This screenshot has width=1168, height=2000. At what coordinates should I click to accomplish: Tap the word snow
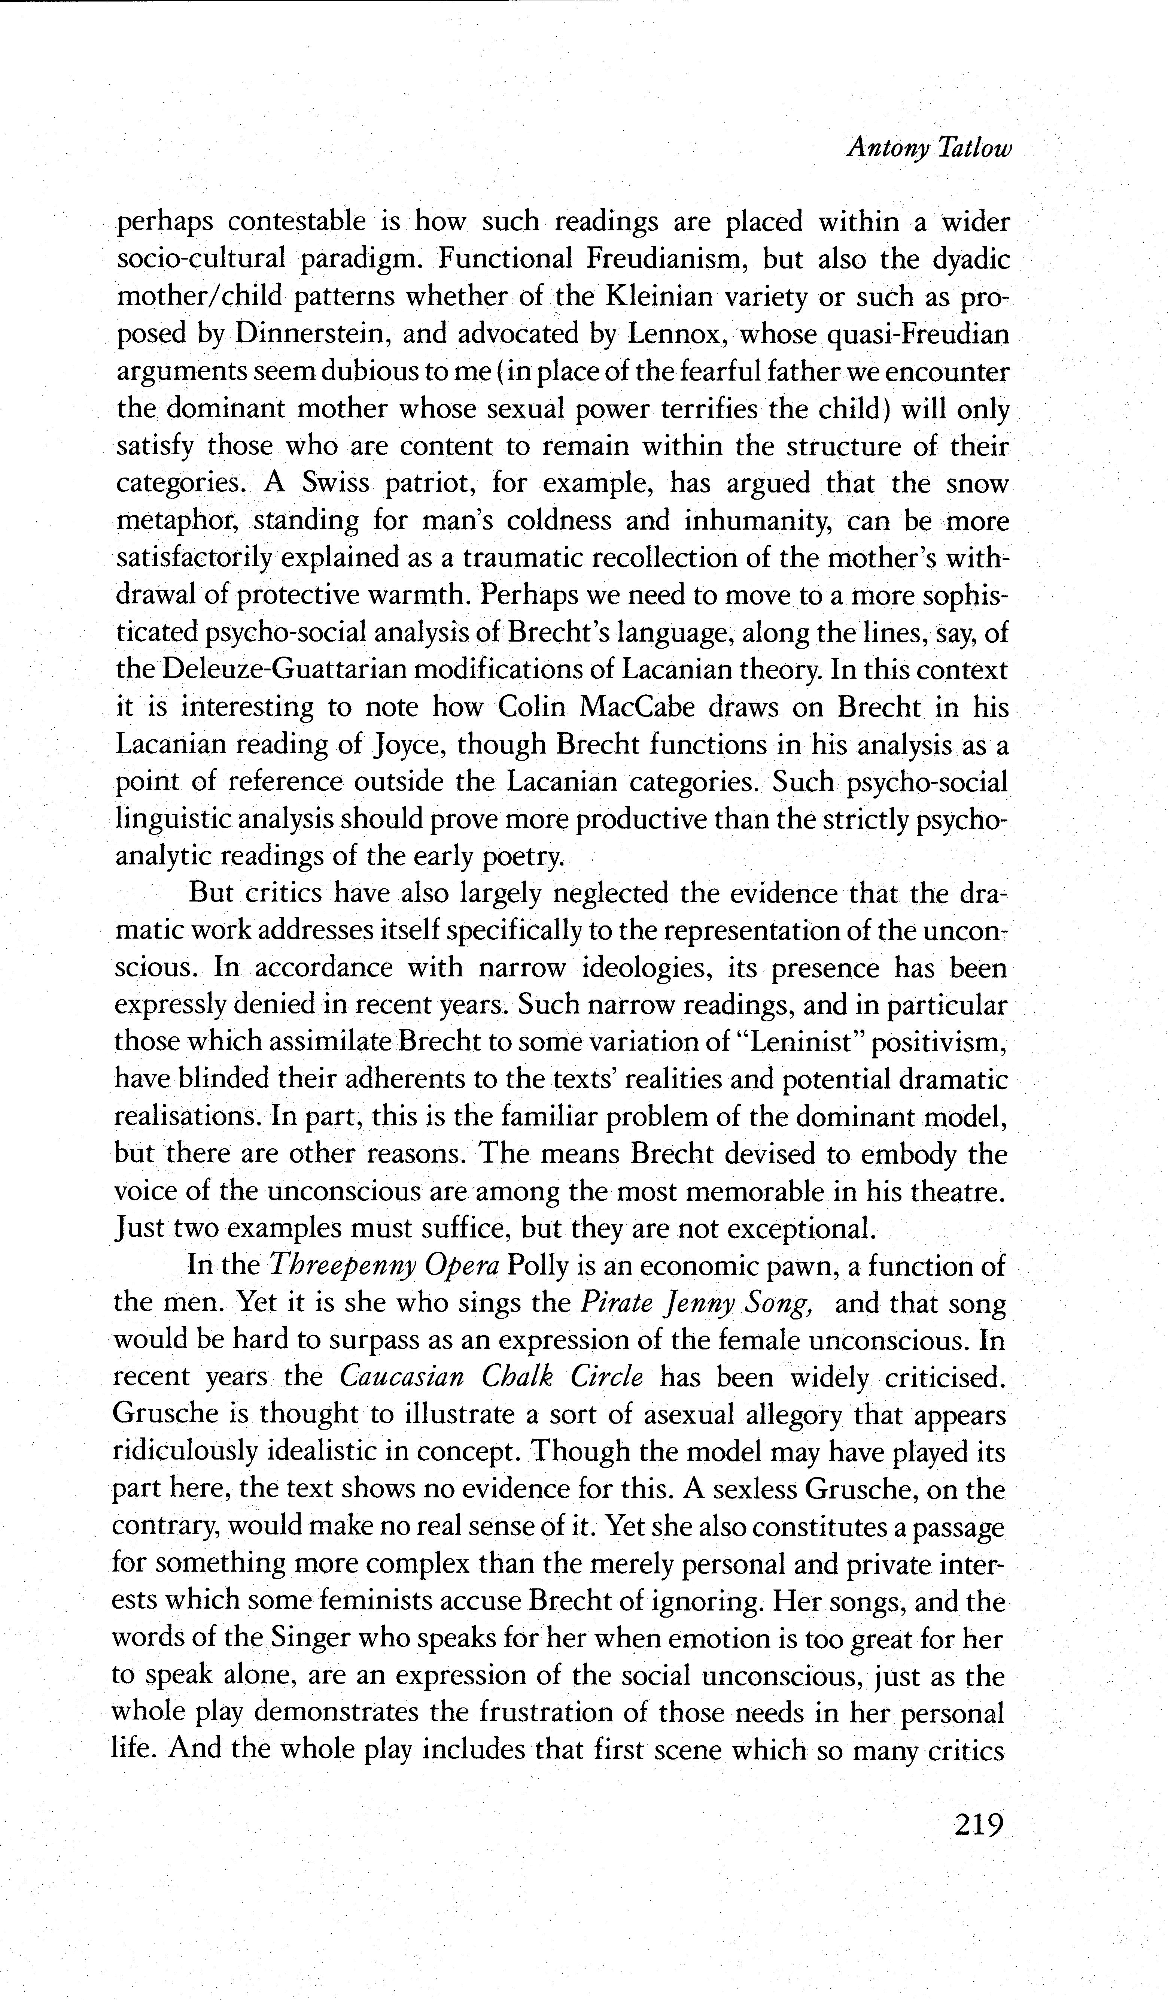coord(977,483)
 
